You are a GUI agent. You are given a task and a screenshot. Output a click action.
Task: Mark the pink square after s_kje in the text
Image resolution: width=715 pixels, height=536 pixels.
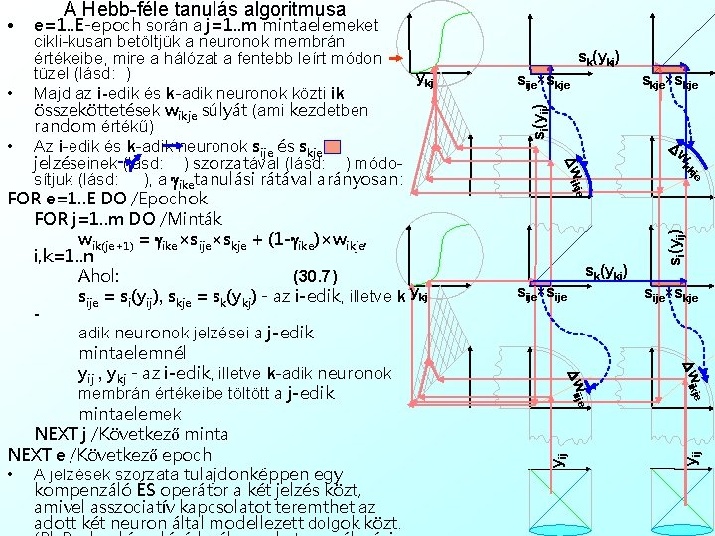(332, 147)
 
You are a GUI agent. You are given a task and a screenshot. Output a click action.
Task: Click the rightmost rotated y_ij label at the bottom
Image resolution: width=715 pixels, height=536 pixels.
(697, 456)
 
